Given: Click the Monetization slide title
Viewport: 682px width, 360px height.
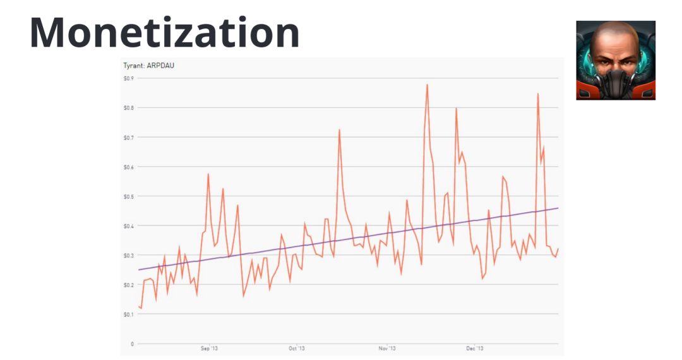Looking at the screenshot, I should [164, 33].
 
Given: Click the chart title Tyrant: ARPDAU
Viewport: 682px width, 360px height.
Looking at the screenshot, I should [148, 66].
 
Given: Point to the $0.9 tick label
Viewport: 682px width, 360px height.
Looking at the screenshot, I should [128, 78].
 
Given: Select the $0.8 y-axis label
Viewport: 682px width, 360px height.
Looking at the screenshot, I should [128, 108].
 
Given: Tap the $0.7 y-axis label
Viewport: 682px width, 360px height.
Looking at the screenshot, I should [128, 137].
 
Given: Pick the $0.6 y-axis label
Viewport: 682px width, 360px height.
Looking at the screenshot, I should [128, 167].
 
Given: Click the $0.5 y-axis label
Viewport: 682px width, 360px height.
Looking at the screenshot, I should [128, 196].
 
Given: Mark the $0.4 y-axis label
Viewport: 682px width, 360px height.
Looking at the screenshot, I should [128, 225].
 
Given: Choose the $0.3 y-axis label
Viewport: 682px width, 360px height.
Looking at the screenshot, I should [128, 255].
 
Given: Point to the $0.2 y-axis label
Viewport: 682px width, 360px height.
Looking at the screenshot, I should [128, 285].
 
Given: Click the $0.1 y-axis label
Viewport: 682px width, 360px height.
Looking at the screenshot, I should [128, 314].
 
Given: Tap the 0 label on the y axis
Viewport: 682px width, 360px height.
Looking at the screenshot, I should [132, 344].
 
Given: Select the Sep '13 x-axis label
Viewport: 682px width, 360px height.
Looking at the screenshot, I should [209, 348].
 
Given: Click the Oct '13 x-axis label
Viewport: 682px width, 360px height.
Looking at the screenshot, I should [296, 348].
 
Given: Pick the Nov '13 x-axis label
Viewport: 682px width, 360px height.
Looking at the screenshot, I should [387, 348].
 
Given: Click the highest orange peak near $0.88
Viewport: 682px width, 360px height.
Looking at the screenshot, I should [428, 85].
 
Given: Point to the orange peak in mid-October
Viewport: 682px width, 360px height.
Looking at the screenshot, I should [339, 130].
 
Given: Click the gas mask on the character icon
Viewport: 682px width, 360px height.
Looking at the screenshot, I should [615, 85].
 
